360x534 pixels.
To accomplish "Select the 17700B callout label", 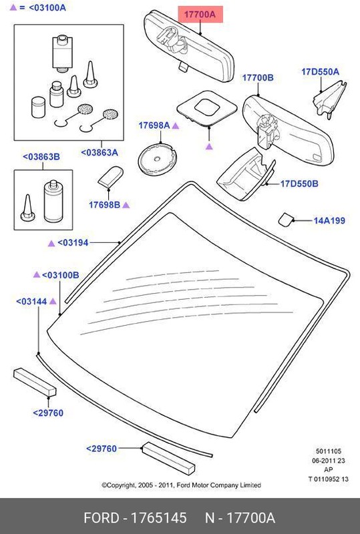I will click(x=258, y=78).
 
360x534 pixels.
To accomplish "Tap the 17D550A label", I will click(x=320, y=71).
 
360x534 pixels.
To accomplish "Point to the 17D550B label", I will click(x=299, y=183).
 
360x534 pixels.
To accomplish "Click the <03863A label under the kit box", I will click(x=99, y=152).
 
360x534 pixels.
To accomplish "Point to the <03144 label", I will click(x=31, y=302).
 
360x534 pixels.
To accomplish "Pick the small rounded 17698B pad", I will click(x=110, y=178).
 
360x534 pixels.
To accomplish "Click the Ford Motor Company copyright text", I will click(x=180, y=485).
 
